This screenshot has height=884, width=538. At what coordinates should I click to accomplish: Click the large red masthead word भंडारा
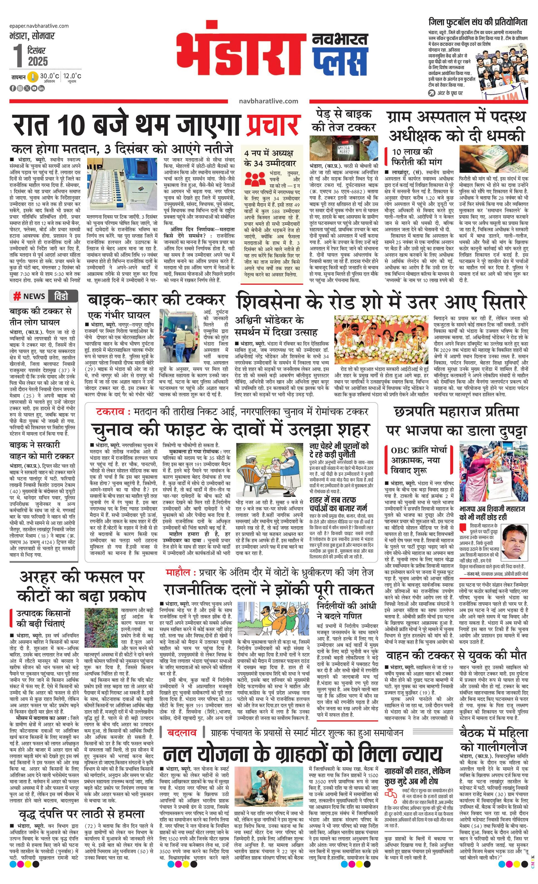[x=239, y=54]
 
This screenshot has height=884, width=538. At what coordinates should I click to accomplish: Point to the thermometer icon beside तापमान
[x=33, y=77]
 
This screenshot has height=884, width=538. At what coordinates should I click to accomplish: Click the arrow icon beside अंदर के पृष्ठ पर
[x=431, y=93]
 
